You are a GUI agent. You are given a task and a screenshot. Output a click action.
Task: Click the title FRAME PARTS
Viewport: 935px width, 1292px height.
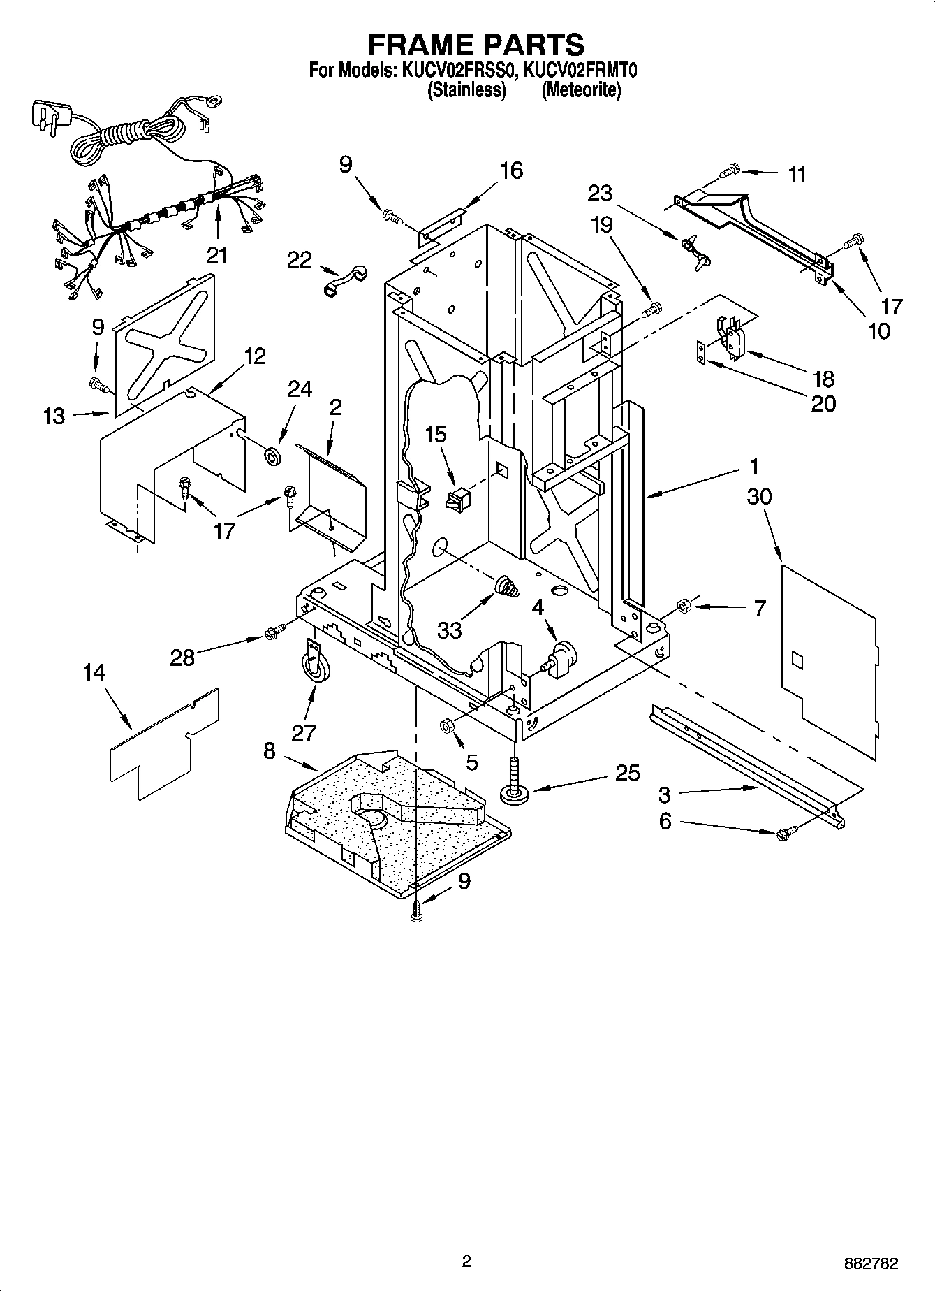coord(476,44)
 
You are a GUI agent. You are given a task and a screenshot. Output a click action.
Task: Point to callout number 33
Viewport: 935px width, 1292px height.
coord(450,630)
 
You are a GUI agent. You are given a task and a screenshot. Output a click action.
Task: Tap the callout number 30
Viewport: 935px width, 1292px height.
coord(759,497)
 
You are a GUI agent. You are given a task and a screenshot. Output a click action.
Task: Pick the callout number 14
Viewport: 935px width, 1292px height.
coord(94,673)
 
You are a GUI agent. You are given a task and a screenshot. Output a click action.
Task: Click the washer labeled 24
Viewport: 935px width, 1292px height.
coord(271,457)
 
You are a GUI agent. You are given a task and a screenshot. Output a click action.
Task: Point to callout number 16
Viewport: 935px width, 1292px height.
coord(511,170)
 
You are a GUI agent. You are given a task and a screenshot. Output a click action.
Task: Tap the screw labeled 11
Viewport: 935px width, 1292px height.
coord(730,169)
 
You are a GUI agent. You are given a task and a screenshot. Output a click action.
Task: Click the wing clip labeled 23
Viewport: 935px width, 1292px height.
coord(695,249)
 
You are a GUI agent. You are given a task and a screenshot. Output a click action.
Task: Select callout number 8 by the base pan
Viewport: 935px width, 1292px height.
coord(269,751)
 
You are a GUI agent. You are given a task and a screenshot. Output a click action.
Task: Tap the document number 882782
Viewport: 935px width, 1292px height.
coord(869,1263)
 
